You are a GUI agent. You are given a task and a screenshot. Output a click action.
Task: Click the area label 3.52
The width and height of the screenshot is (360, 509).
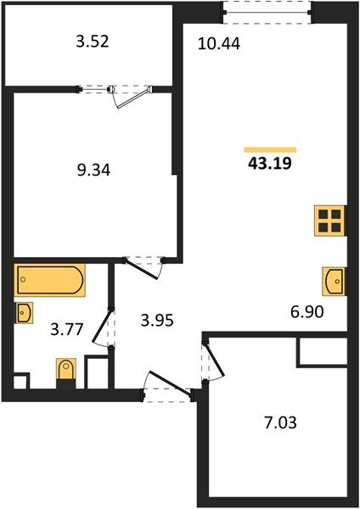tap(93, 42)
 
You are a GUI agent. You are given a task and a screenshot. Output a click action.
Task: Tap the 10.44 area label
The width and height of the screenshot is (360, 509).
tap(219, 44)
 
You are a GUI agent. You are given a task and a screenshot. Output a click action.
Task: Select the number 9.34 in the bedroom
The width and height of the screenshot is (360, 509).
tap(93, 171)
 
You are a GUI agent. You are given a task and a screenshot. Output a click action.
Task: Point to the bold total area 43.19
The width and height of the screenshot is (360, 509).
tap(270, 163)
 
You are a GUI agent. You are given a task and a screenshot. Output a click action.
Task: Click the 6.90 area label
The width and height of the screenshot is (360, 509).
tap(307, 312)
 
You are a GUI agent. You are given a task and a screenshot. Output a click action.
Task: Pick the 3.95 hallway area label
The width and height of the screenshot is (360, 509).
tap(157, 321)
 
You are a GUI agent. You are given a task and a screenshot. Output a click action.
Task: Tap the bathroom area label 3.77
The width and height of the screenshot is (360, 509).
tap(67, 329)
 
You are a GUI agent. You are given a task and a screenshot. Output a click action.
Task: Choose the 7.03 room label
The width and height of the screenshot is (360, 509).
tap(280, 423)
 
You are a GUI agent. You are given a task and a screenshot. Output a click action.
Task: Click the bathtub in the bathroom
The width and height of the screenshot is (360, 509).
tap(49, 280)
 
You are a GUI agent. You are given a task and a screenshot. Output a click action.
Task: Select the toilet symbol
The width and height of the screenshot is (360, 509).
tap(66, 372)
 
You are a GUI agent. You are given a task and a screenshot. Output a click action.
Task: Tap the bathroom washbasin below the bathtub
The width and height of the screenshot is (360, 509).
tap(24, 312)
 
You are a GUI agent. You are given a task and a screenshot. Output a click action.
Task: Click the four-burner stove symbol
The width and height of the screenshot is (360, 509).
tap(329, 221)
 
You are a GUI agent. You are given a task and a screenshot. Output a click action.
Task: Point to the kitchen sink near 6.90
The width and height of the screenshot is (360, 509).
tap(334, 281)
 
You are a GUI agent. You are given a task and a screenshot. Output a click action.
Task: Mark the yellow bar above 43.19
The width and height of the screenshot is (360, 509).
tap(270, 149)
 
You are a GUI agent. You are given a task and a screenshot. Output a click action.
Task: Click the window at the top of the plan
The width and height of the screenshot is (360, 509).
tap(267, 13)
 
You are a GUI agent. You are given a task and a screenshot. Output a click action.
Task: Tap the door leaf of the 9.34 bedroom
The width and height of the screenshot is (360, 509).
tap(142, 269)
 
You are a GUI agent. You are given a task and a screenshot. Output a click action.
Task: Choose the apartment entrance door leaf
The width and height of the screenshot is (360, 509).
tap(170, 384)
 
